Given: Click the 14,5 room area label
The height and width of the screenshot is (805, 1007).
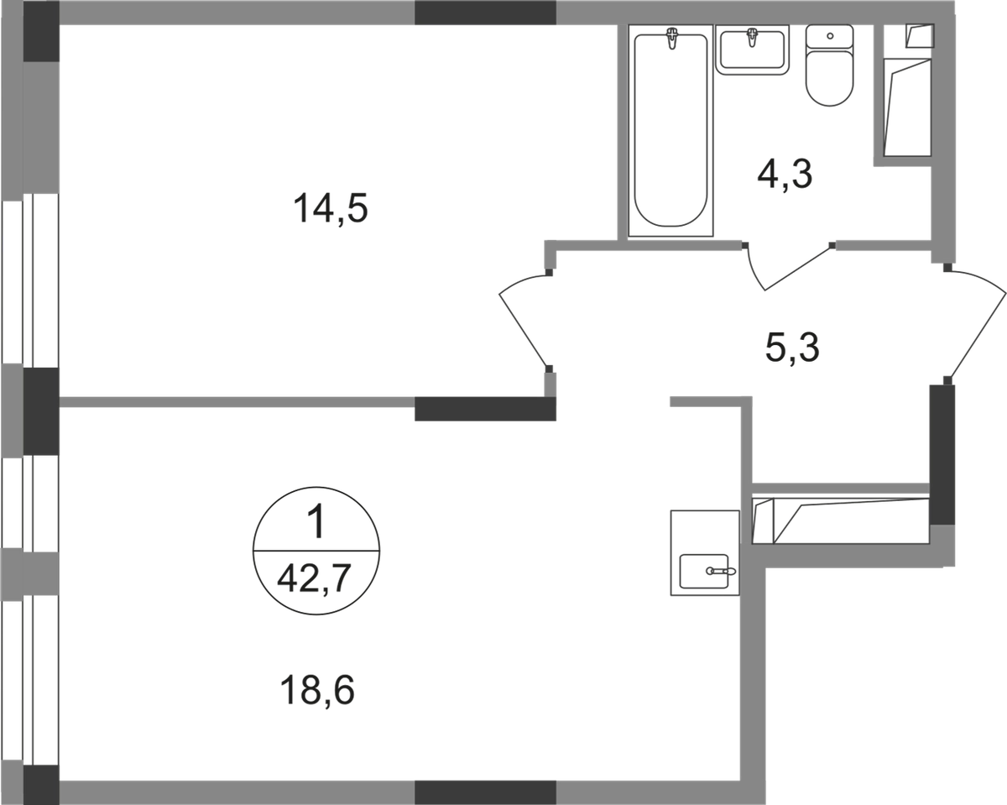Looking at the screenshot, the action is pos(331,209).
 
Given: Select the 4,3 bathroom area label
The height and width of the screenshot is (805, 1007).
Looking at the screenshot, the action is pos(785,174).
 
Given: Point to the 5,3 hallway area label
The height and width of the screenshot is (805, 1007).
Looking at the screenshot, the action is pos(792,348).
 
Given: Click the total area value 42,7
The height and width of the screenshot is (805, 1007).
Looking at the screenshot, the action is pos(315,579).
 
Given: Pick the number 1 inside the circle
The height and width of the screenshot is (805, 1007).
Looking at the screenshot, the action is pos(317,522).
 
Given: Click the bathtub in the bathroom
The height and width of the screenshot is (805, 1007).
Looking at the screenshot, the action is pos(670,130).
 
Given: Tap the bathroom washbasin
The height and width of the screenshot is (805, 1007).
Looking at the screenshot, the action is pos(753,50).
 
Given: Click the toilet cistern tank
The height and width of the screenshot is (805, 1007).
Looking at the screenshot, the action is pos(830,36).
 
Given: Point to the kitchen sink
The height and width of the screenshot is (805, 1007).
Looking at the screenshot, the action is pos(705,571).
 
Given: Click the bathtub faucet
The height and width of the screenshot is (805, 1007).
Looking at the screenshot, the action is pos(672,38).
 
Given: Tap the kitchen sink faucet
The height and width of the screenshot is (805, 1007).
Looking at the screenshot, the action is pos(721,571).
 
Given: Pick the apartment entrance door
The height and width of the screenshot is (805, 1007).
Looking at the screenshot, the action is pos(976,327).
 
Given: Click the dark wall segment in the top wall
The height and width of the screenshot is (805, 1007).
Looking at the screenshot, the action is pos(485,13).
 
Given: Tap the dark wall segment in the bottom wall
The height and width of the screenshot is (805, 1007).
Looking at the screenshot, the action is pos(485,793).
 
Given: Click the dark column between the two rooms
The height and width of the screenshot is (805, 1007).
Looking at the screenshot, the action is pos(485,409).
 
